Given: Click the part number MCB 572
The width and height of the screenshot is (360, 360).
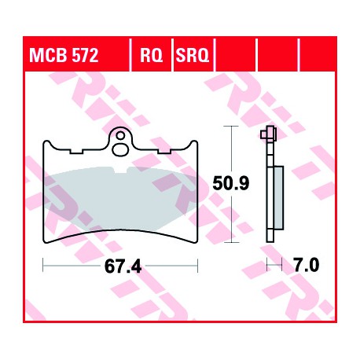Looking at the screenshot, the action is pos(64,55).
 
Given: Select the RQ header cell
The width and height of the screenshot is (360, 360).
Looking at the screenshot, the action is pos(151,55).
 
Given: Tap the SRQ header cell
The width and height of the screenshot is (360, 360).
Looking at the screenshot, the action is pos(193,55).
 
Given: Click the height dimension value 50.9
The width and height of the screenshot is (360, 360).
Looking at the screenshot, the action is pos(230,184).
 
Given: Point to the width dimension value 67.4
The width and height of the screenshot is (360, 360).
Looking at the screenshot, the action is pos(123,266).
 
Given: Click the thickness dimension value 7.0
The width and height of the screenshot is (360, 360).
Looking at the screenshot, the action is pos(306,265).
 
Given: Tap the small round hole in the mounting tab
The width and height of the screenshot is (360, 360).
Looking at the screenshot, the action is pos(120,136).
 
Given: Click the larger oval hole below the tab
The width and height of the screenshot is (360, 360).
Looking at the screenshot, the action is pos(120,150).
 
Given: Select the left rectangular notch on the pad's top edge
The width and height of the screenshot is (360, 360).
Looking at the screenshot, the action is pos(76,152).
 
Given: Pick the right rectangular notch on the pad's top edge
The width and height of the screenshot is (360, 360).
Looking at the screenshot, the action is pos(164,152).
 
